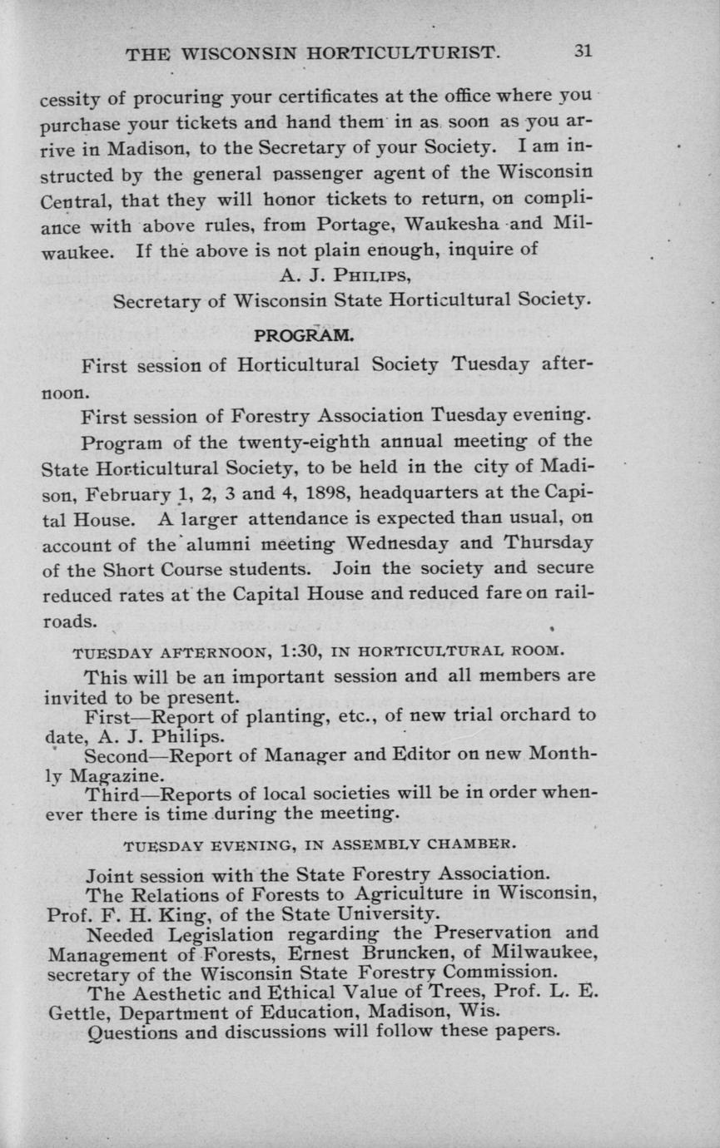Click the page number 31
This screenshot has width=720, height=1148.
[x=582, y=51]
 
